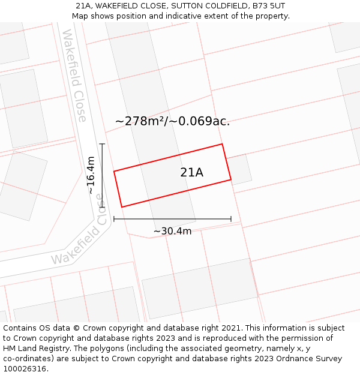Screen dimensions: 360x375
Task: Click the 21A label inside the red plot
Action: (x=191, y=173)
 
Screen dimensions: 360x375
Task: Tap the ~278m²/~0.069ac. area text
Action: (x=172, y=121)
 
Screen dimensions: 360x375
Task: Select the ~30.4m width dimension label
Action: (x=172, y=231)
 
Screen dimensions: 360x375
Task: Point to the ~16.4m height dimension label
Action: (x=91, y=175)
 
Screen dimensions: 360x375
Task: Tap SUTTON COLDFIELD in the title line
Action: (x=205, y=6)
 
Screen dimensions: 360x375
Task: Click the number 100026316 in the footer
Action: (x=26, y=369)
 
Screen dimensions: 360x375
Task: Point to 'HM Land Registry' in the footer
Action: (x=34, y=349)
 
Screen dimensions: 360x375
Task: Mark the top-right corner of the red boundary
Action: (x=222, y=144)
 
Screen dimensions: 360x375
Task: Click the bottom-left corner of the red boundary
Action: (x=122, y=207)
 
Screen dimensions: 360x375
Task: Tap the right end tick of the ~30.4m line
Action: (x=231, y=219)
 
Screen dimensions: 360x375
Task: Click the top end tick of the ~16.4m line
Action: (x=102, y=144)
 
